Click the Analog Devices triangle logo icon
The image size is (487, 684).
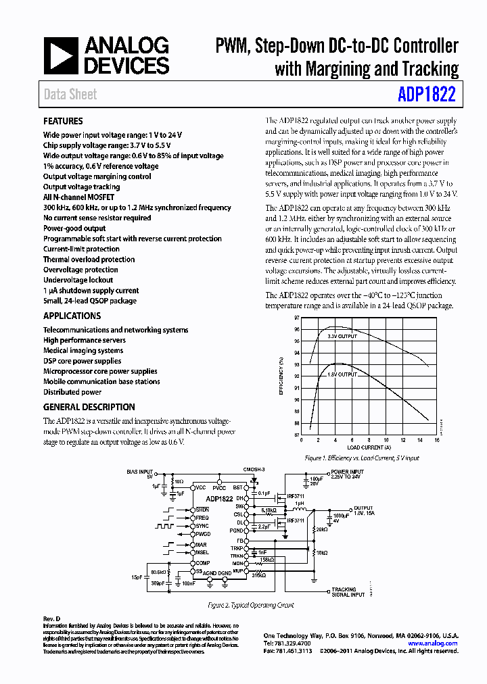[60, 55]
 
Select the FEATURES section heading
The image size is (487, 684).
[63, 122]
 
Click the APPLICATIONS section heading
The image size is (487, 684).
[72, 316]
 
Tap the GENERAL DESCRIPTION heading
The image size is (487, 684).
[89, 407]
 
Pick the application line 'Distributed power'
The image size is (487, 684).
[72, 392]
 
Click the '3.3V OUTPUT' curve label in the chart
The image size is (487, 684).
[342, 336]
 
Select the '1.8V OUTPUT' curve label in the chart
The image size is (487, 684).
[342, 373]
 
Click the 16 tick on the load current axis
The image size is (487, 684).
[436, 441]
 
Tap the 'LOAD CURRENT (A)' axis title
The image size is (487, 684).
[369, 447]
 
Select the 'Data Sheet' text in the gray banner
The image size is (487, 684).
[70, 95]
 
